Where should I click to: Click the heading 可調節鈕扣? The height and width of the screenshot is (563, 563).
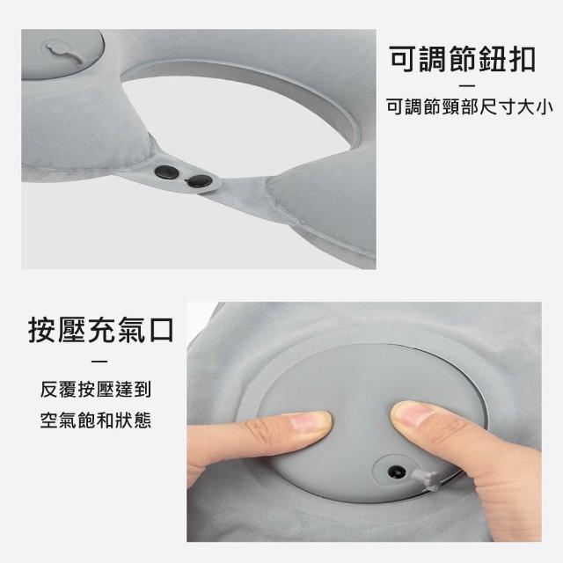pyautogui.click(x=463, y=59)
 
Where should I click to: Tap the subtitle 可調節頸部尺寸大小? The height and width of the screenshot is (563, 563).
pyautogui.click(x=469, y=106)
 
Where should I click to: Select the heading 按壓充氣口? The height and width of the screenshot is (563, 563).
pyautogui.click(x=101, y=330)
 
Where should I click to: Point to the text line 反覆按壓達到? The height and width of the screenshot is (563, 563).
pyautogui.click(x=96, y=389)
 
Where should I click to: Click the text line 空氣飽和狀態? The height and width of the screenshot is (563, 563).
pyautogui.click(x=96, y=420)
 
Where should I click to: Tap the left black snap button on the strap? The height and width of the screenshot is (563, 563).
pyautogui.click(x=166, y=172)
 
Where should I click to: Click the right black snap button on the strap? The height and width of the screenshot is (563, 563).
pyautogui.click(x=200, y=181)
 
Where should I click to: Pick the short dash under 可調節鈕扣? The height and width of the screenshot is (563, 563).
pyautogui.click(x=467, y=85)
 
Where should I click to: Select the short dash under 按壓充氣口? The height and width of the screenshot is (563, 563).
pyautogui.click(x=99, y=362)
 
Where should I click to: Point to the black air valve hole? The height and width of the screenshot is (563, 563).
pyautogui.click(x=397, y=472)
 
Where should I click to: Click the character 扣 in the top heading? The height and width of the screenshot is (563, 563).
pyautogui.click(x=523, y=59)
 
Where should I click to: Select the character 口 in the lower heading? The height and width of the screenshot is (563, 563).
pyautogui.click(x=161, y=330)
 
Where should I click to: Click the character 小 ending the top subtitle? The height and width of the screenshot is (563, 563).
pyautogui.click(x=545, y=106)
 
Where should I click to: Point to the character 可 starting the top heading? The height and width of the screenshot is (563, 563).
pyautogui.click(x=403, y=59)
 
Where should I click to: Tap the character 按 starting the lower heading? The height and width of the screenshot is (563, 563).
pyautogui.click(x=42, y=330)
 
